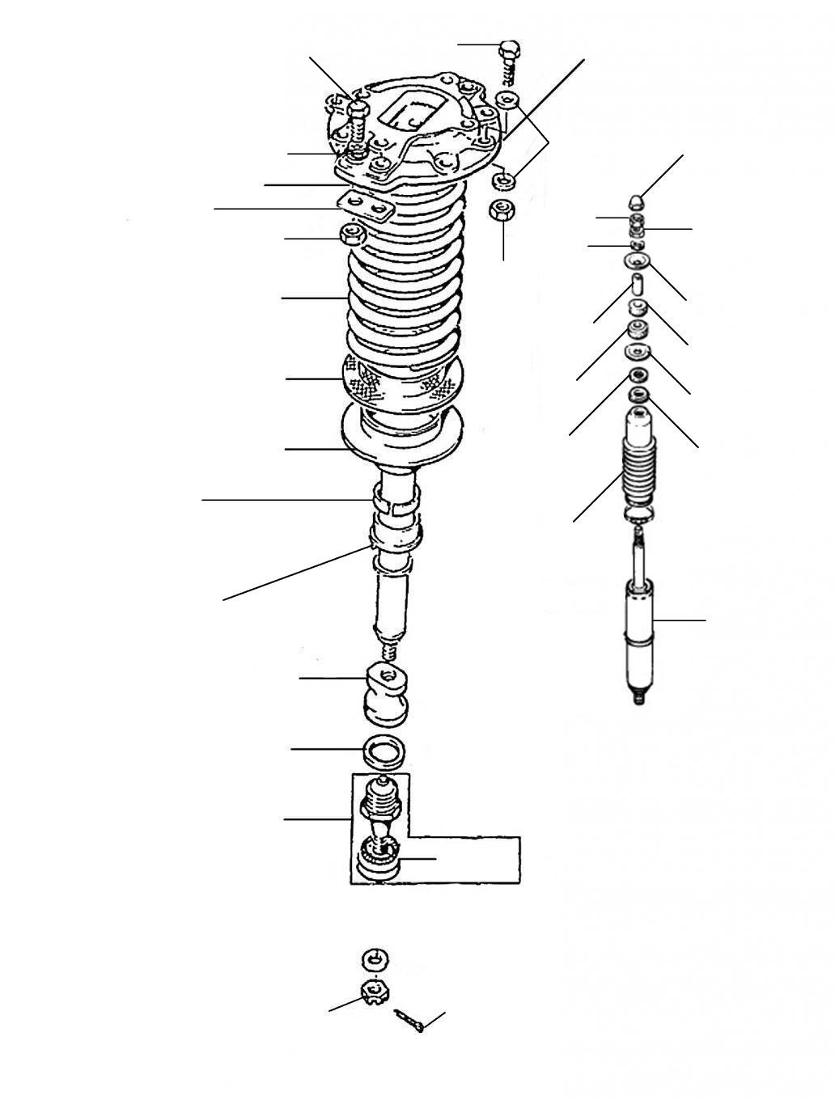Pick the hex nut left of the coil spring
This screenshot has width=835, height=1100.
353,235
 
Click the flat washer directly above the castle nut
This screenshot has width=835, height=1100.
375,959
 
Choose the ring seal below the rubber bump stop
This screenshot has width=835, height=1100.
384,751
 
